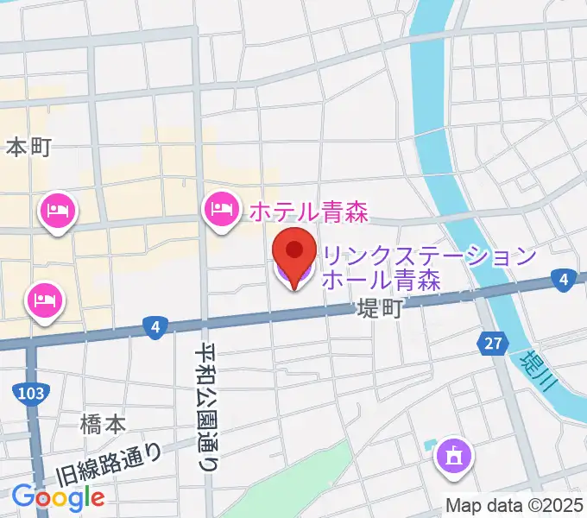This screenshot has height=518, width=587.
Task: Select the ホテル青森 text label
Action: click(309, 210)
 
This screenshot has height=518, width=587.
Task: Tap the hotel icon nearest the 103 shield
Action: click(43, 301)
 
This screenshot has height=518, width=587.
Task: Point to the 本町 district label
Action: click(29, 148)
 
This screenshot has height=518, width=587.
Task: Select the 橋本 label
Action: click(103, 424)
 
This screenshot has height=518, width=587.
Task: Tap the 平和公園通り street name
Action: click(207, 406)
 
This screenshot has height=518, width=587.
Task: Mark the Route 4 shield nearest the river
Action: click(563, 279)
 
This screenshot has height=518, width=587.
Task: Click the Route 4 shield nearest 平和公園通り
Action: click(155, 326)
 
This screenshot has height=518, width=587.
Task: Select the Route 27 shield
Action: click(492, 344)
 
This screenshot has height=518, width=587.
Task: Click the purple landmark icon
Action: click(452, 455)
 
